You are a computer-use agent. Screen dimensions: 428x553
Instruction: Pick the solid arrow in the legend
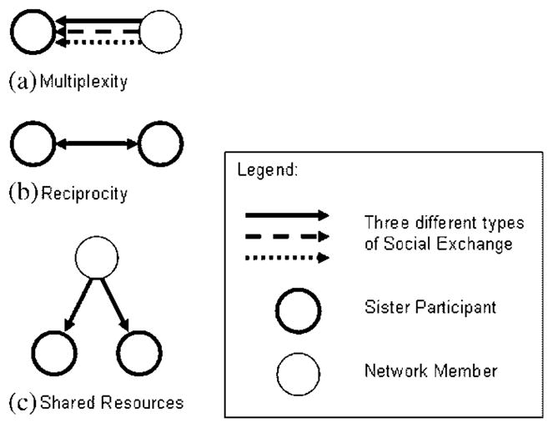pyautogui.click(x=286, y=215)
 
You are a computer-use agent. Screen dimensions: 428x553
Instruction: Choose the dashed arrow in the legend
pyautogui.click(x=286, y=236)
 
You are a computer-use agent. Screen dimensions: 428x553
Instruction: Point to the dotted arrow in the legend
pyautogui.click(x=286, y=258)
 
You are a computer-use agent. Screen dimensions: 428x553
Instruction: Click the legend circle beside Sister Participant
pyautogui.click(x=299, y=307)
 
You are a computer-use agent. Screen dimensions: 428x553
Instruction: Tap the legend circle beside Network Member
pyautogui.click(x=299, y=368)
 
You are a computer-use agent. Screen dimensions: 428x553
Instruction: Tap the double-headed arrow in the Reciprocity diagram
pyautogui.click(x=97, y=144)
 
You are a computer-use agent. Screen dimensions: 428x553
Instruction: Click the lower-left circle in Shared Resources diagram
pyautogui.click(x=54, y=354)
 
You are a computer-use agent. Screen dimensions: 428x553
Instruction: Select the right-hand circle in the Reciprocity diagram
pyautogui.click(x=160, y=144)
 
